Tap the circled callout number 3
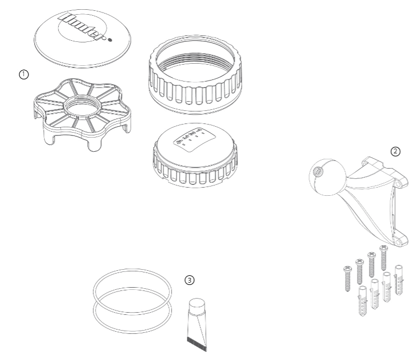[189, 280]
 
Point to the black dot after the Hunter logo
[111, 40]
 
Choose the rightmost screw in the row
[383, 256]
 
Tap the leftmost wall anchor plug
[362, 299]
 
